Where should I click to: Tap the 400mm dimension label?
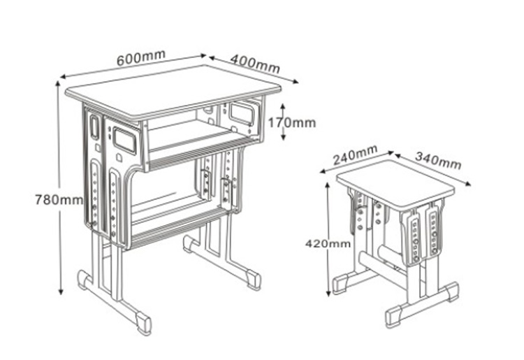click(254, 64)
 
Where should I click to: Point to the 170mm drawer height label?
click(297, 123)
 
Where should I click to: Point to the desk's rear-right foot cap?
click(254, 281)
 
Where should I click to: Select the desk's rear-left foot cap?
click(85, 280)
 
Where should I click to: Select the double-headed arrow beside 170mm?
click(282, 122)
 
